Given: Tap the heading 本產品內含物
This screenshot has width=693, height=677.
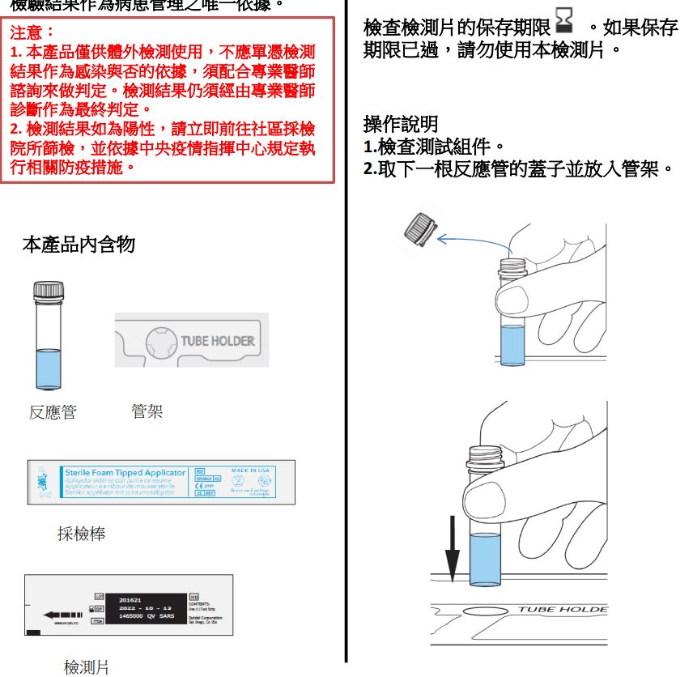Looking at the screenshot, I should (78, 245).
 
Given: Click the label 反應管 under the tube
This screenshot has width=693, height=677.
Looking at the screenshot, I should (53, 412).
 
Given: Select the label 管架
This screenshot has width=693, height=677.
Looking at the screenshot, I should (147, 411).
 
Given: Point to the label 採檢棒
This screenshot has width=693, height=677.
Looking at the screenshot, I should (81, 534).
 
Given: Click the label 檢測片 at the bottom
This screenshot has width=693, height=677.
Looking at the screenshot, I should (87, 666).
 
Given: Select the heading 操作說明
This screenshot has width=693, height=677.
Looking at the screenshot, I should (401, 125).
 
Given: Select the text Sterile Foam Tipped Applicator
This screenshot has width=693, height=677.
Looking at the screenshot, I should (125, 472).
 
